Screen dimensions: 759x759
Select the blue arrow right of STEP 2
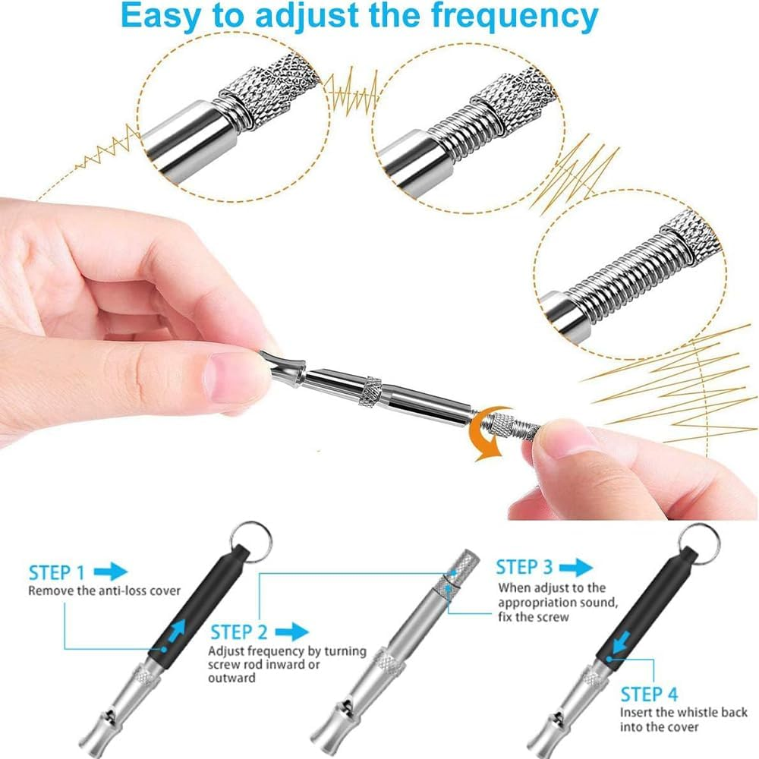pyautogui.click(x=291, y=631)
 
